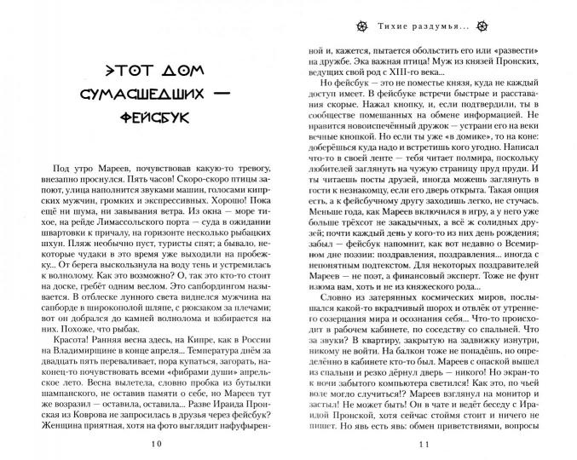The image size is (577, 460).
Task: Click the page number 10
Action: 153,445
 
